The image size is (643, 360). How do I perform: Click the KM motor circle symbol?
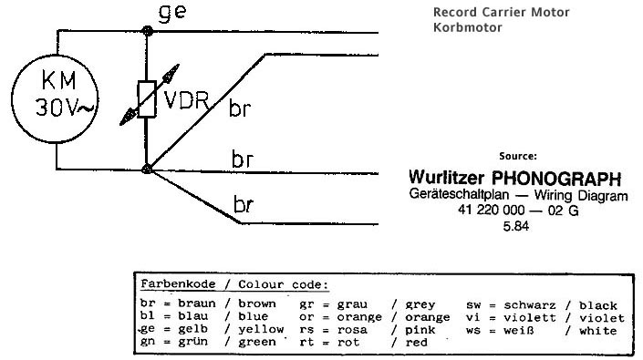pos(55,55)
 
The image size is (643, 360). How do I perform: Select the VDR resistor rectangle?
pos(147,99)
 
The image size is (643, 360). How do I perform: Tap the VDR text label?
pos(186,99)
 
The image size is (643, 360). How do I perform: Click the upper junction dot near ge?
pos(147,31)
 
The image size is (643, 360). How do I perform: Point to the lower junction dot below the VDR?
pos(147,169)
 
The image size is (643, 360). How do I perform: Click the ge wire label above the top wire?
pos(172,12)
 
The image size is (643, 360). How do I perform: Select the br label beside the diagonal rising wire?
pos(240,108)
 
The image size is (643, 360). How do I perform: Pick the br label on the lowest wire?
pos(244,204)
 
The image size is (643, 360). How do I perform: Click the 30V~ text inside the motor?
pos(65,108)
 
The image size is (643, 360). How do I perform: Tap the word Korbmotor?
pos(468,27)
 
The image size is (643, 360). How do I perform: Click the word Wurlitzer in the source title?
pos(446,178)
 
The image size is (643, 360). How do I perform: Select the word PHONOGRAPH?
pos(556,179)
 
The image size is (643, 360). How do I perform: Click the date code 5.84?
pos(516,226)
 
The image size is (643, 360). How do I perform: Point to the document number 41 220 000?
pos(491,211)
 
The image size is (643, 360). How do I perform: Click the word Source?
pos(518,156)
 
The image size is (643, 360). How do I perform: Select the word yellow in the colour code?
pos(261,329)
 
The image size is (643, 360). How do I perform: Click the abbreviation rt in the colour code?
pos(306,342)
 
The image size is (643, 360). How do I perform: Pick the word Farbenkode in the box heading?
pos(178,283)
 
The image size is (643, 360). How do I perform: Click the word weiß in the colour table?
pos(519,330)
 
